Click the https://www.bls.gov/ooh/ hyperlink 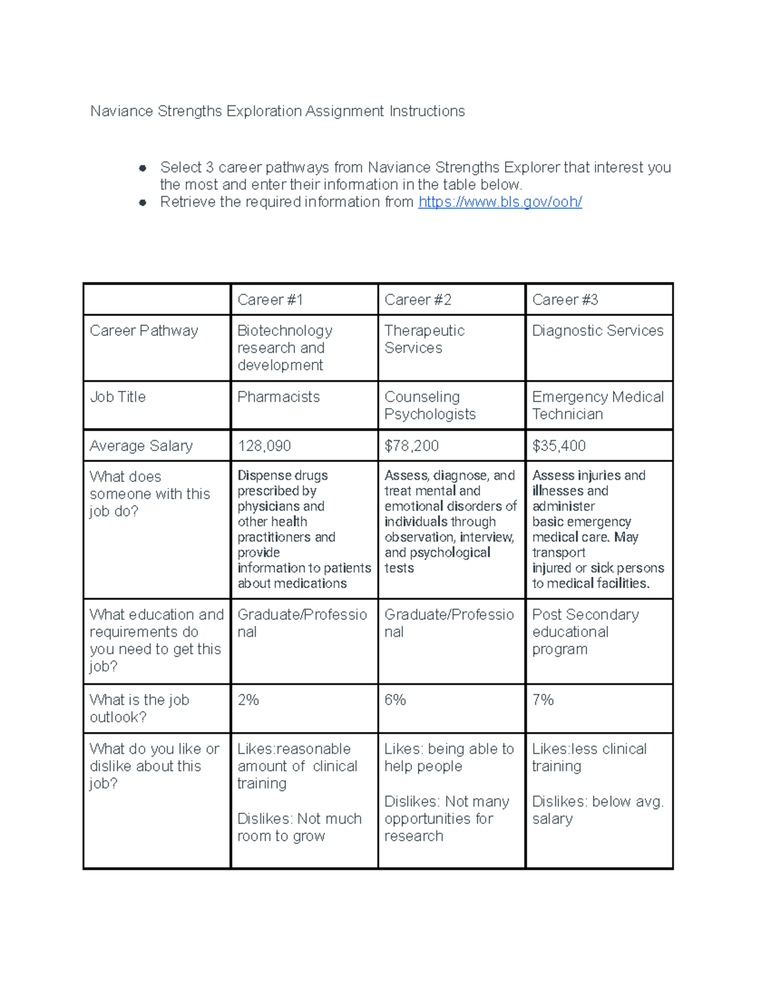500,202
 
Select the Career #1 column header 270,300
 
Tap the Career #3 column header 565,300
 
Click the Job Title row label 118,397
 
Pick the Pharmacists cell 278,397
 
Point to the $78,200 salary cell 411,446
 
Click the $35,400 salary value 558,446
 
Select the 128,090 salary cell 264,446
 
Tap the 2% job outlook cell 248,700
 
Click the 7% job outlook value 543,700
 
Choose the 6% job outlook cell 395,700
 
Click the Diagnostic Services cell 598,331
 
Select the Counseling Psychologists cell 430,405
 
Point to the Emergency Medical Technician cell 598,405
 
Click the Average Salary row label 141,446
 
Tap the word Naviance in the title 121,111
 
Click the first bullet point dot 143,168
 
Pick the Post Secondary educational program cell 585,632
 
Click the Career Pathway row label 144,331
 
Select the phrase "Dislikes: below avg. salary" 597,810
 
